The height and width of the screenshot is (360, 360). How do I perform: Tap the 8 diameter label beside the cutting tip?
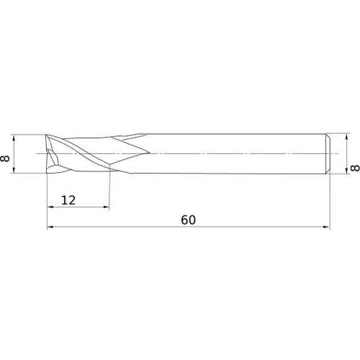6,154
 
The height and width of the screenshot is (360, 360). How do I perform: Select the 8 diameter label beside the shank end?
354,169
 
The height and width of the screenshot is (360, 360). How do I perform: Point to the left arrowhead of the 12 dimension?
50,207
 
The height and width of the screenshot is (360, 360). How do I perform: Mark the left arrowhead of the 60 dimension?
50,228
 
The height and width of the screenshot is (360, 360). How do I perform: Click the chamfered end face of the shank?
328,154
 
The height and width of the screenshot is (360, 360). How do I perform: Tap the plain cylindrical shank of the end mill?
238,154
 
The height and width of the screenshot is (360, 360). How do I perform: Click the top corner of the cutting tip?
47,135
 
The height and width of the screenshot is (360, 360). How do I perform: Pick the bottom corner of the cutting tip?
47,174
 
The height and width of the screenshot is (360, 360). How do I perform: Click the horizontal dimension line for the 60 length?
216,228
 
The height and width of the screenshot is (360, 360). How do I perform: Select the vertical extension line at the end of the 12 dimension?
109,191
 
